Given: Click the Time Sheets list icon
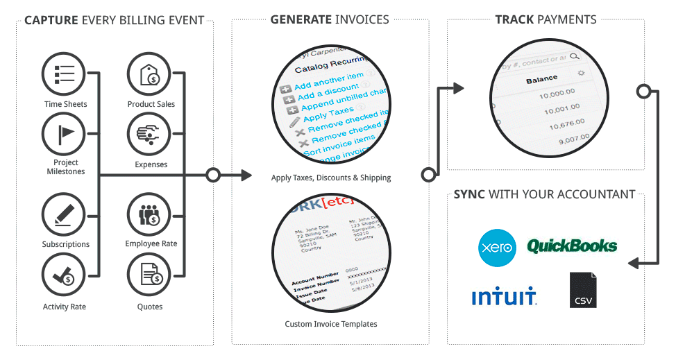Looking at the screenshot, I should [x=65, y=74].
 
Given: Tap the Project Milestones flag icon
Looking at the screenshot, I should [x=65, y=134].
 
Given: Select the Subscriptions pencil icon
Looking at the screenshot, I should [x=65, y=214].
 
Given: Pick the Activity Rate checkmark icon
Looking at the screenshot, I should [x=65, y=275].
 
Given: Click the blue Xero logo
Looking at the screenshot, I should [x=497, y=248].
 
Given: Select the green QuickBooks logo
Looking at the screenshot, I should [x=571, y=246].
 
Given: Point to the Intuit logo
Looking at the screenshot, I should [x=504, y=296].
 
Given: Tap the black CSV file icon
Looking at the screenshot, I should [x=582, y=290].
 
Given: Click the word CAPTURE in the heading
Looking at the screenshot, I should [x=51, y=20].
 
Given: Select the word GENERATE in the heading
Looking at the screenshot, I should [x=301, y=19].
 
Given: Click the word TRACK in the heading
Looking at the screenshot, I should [x=514, y=19].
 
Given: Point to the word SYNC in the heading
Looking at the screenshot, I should [x=470, y=194].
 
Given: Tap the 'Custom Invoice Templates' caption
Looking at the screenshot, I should [x=330, y=324].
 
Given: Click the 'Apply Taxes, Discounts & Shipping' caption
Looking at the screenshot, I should [x=330, y=178].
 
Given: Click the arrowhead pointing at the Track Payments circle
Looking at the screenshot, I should [x=457, y=88].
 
